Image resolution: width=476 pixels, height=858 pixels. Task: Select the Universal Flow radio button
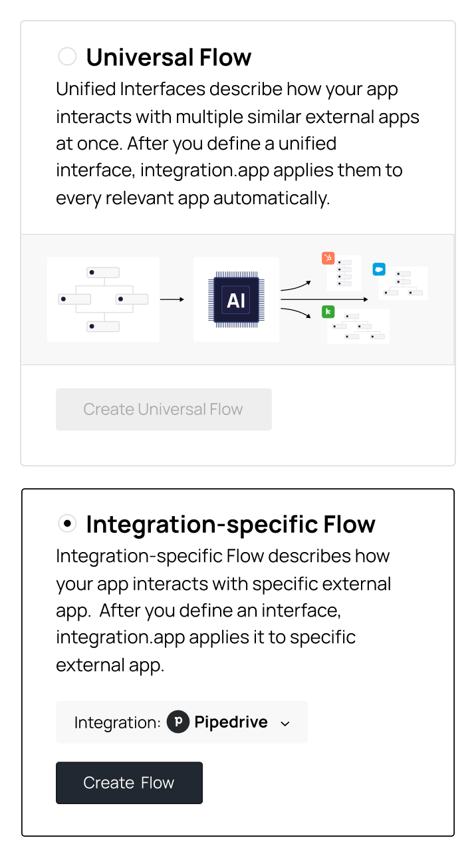(67, 57)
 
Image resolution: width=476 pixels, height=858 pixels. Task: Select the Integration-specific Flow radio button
(67, 523)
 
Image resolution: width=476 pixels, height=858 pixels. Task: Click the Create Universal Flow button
(164, 409)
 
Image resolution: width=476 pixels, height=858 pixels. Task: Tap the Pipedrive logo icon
(178, 722)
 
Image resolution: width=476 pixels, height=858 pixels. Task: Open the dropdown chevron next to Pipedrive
(285, 724)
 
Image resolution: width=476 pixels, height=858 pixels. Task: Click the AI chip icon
(236, 299)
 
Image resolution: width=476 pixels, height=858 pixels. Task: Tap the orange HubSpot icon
(328, 258)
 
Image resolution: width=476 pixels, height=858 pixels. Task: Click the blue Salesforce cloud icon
(379, 269)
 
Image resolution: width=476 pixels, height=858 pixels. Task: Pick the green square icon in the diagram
(328, 312)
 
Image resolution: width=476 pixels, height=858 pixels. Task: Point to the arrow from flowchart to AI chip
(172, 299)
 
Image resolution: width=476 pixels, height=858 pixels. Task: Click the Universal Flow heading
(169, 57)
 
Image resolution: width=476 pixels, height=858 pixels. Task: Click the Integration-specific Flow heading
(231, 524)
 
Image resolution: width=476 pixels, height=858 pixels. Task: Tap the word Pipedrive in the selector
(231, 722)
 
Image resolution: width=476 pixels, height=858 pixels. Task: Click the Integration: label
(118, 723)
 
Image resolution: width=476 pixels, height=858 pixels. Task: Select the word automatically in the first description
(271, 198)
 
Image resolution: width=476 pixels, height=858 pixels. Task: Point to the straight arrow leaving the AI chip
(324, 299)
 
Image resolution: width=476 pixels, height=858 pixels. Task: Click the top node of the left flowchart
(103, 272)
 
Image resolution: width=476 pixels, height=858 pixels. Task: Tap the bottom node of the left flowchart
(103, 327)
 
